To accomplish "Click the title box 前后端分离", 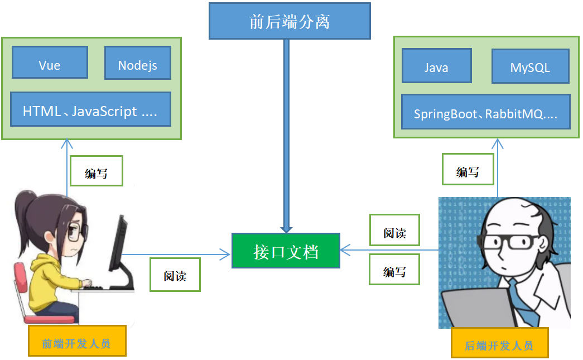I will point(290,21).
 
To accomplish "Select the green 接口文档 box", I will point(286,251).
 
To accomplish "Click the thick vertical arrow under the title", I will point(287,134).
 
